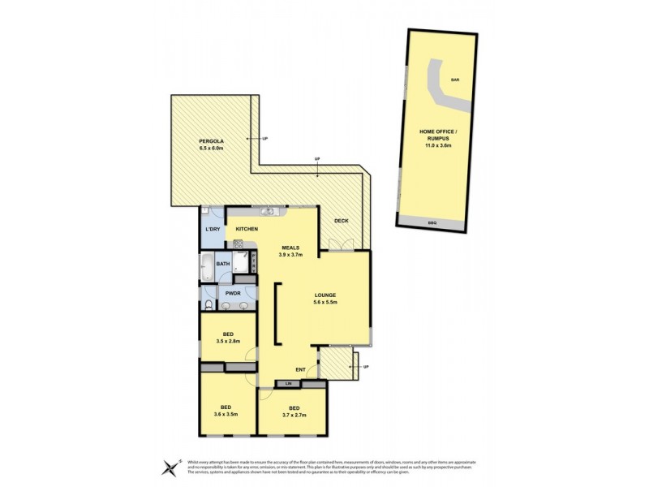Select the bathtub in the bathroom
pyautogui.click(x=206, y=264)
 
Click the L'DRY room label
pyautogui.click(x=213, y=230)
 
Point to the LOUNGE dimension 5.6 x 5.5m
pyautogui.click(x=324, y=302)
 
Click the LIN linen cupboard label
pyautogui.click(x=287, y=382)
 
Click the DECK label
pyautogui.click(x=341, y=219)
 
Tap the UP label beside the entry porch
pyautogui.click(x=366, y=367)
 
